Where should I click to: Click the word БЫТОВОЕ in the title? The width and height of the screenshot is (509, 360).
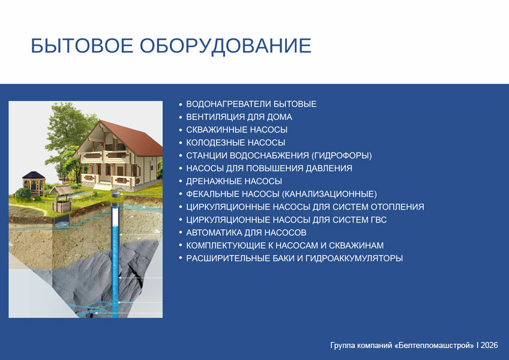click(x=82, y=46)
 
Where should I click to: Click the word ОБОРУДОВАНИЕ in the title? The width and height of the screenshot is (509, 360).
click(x=226, y=46)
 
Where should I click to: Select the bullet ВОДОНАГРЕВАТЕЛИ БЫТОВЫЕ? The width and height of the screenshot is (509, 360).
click(x=251, y=104)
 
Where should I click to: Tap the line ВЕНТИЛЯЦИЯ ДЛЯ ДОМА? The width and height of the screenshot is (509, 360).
click(x=239, y=117)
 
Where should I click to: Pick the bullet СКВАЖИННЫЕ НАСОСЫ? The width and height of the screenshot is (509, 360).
click(x=236, y=130)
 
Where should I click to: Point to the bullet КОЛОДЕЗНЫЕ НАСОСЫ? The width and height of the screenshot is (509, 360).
click(x=236, y=143)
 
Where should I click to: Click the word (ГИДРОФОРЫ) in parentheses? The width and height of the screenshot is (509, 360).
click(x=342, y=155)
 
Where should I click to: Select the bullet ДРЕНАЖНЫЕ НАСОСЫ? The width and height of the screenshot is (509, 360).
click(x=234, y=181)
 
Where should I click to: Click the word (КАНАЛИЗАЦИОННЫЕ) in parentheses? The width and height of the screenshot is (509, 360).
click(x=329, y=194)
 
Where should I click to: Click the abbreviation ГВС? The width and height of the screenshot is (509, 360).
click(x=379, y=220)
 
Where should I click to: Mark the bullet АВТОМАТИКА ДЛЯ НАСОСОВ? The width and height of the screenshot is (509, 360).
click(x=246, y=233)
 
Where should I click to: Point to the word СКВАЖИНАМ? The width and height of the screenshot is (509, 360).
click(x=356, y=245)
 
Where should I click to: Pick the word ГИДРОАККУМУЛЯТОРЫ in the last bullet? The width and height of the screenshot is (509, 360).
click(x=354, y=259)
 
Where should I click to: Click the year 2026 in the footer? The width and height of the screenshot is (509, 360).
click(x=489, y=345)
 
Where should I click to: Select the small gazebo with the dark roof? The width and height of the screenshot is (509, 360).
click(x=33, y=184)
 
